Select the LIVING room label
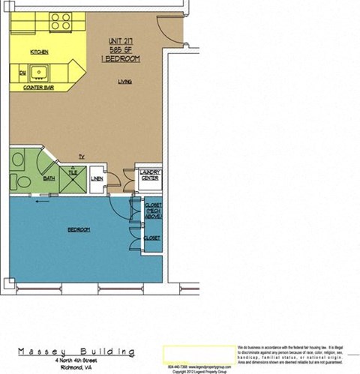click(124, 82)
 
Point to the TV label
click(82, 157)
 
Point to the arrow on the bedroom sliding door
click(40, 200)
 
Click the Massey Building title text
click(77, 351)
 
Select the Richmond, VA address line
click(77, 365)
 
